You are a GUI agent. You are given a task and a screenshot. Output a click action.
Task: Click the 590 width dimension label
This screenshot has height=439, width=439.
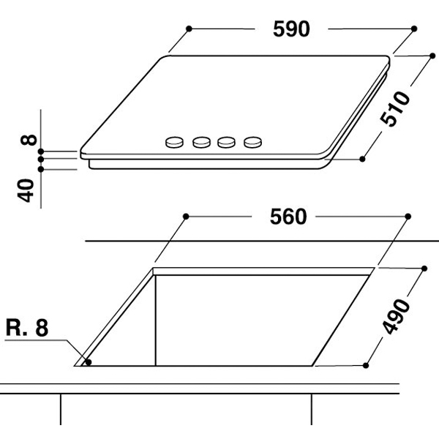291,29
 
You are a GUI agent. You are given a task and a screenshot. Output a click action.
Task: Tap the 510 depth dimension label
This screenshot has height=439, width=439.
395,108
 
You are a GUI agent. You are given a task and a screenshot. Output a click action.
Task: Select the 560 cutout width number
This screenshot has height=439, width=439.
288,217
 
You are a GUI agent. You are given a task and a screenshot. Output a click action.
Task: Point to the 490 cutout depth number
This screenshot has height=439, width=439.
396,316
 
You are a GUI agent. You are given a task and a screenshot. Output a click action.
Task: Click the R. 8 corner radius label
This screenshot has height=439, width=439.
27,327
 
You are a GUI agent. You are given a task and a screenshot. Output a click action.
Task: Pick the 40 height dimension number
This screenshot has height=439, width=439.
26,190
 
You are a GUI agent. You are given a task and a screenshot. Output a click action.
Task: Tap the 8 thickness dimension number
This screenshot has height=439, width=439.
29,140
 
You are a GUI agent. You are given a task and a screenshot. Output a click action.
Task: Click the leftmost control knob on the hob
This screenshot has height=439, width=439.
174,142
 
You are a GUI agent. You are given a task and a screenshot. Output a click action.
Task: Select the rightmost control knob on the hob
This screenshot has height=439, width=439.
253,142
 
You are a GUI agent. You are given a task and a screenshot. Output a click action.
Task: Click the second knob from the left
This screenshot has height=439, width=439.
201,142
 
